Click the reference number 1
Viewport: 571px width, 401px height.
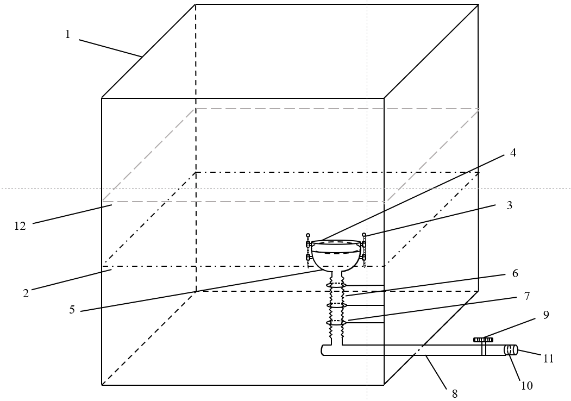click(x=68, y=34)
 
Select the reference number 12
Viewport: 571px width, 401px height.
click(x=20, y=226)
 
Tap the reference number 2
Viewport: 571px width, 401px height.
click(x=26, y=293)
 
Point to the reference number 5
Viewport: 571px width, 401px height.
click(x=72, y=310)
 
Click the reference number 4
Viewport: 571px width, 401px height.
click(x=513, y=153)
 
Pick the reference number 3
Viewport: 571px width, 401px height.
click(x=510, y=205)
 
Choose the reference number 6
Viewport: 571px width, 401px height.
click(x=515, y=273)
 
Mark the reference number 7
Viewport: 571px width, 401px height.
click(x=526, y=296)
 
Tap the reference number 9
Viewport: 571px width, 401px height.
click(x=546, y=315)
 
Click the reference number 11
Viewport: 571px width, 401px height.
click(x=549, y=359)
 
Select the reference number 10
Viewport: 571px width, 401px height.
click(x=526, y=386)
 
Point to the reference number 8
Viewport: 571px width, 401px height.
click(x=455, y=394)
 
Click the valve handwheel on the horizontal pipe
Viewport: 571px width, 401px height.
click(x=483, y=340)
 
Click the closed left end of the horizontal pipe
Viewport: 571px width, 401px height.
click(x=324, y=350)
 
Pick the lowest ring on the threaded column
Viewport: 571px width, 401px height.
click(x=336, y=323)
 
